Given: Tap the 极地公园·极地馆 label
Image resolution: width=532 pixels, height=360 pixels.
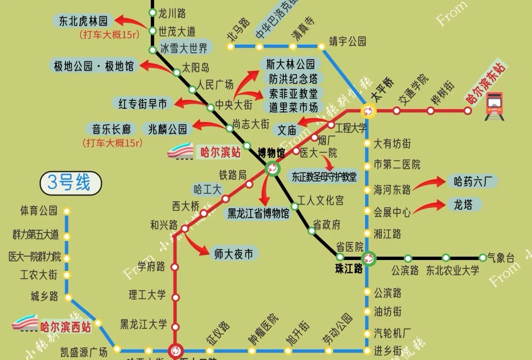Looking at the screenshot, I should (94, 66).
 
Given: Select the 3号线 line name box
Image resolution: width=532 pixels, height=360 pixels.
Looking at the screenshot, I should (70, 183).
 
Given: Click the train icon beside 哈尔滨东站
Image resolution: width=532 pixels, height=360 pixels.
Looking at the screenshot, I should (494, 105).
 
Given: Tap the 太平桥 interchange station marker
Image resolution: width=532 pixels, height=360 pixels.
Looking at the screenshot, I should (368, 111).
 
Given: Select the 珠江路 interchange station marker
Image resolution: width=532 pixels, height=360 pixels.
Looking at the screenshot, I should (368, 258).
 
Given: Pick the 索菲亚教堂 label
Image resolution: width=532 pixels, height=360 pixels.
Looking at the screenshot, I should (293, 93).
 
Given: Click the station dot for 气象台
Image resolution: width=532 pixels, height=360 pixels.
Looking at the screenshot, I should (483, 258).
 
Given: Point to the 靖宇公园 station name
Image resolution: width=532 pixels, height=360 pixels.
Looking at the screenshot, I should (348, 41).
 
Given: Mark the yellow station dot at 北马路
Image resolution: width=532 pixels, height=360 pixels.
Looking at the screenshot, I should (231, 47).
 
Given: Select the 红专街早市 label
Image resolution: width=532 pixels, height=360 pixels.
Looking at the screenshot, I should (143, 103).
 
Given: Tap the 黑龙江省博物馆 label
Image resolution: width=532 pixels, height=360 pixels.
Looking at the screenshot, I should (258, 214).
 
